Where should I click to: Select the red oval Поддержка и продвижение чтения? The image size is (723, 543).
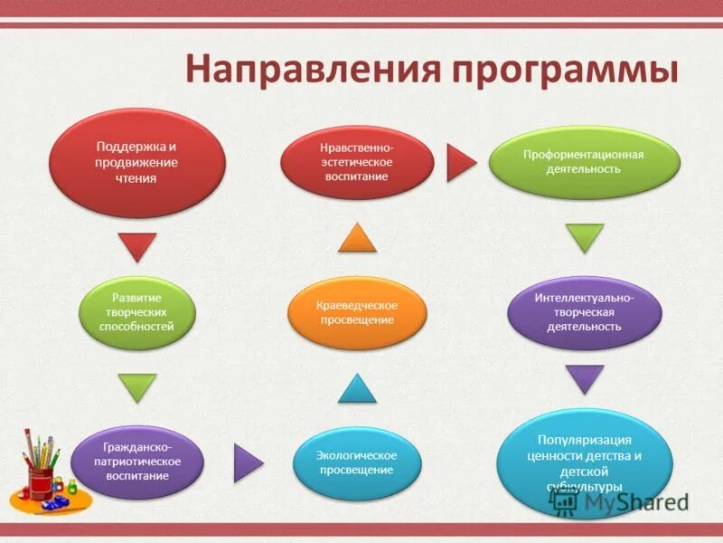136,162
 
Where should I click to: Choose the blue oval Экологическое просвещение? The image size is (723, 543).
357,462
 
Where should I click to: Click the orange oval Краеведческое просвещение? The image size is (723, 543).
357,312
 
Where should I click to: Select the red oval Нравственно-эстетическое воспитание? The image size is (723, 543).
357,161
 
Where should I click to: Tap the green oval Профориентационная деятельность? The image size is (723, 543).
584,162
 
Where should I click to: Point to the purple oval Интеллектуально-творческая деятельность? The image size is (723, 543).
584,312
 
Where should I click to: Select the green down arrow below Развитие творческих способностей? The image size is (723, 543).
137,387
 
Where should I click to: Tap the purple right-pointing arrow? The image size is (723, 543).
247,462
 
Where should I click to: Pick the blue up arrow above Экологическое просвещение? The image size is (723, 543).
357,389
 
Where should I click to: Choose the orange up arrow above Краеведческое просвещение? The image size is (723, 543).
357,237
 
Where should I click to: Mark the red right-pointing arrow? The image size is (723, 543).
460,164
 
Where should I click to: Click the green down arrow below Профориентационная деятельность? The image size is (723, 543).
585,238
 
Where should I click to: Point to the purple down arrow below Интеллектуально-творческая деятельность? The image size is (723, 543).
585,378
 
